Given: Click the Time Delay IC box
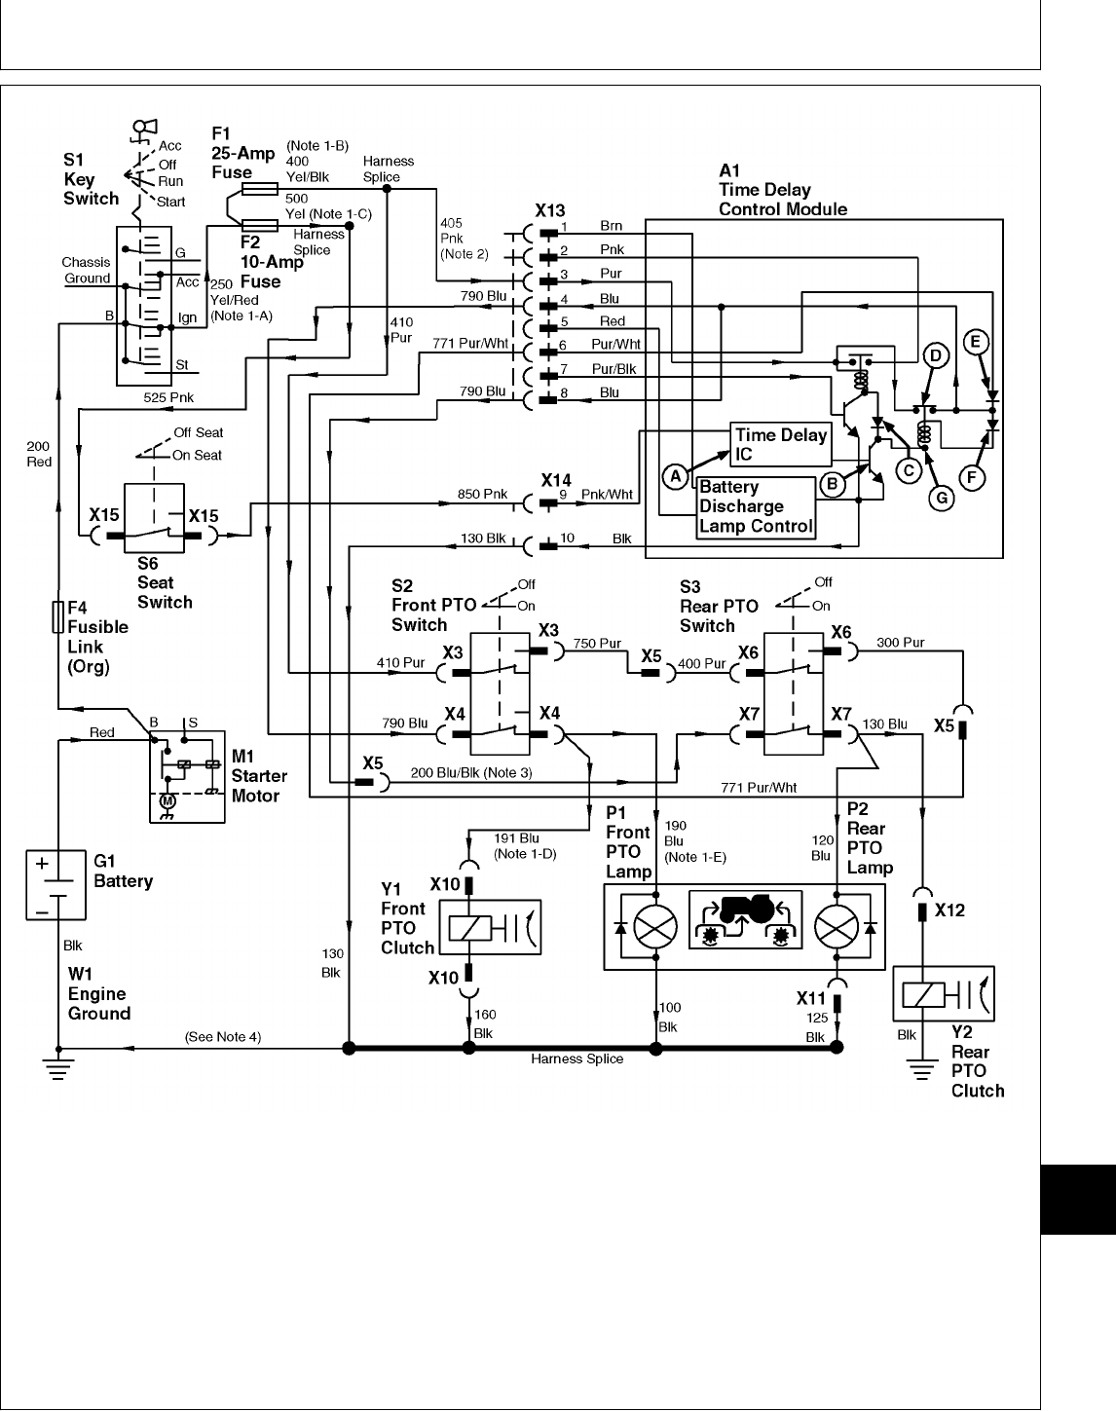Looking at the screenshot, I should [780, 444].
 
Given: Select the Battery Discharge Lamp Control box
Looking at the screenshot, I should [757, 506].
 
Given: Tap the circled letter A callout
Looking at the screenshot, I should [675, 476].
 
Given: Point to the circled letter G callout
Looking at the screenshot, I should [941, 498].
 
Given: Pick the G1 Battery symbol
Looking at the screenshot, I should [56, 882].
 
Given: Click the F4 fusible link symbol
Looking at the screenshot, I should [57, 617].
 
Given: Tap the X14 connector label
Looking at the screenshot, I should [556, 480].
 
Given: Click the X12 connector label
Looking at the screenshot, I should [949, 910].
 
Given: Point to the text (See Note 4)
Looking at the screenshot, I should [223, 1037].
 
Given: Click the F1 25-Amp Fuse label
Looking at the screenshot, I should [232, 153].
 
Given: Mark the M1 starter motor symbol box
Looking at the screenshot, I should [187, 776].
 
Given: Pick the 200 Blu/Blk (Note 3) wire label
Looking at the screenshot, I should [471, 773].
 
